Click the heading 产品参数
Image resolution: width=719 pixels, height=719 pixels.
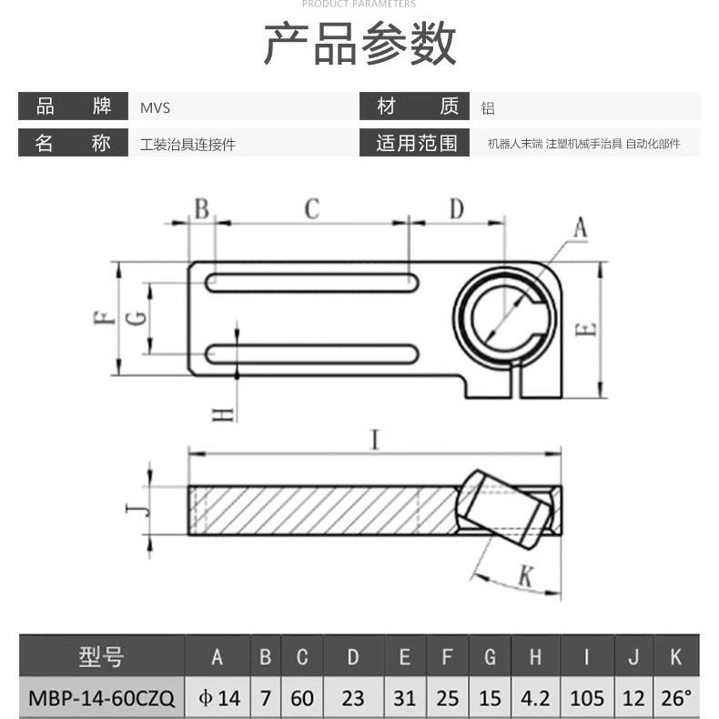[x=359, y=43]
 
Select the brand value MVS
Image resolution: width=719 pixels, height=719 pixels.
[x=155, y=107]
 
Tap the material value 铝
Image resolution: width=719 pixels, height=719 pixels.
[x=488, y=108]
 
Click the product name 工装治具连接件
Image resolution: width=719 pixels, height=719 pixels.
[x=187, y=144]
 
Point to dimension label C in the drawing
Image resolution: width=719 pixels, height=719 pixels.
[x=311, y=209]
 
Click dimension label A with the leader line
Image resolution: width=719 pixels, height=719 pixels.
[x=579, y=228]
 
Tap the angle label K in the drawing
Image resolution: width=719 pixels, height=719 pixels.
[x=525, y=574]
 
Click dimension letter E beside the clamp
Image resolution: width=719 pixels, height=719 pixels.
[x=587, y=329]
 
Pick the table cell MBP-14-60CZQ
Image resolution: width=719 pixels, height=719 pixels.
[x=101, y=698]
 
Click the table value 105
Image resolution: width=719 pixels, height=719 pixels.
[x=586, y=698]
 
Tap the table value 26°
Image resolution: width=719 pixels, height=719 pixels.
[x=676, y=698]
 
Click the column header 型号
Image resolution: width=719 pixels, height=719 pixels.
[x=101, y=657]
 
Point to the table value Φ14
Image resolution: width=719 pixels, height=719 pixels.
[x=218, y=698]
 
